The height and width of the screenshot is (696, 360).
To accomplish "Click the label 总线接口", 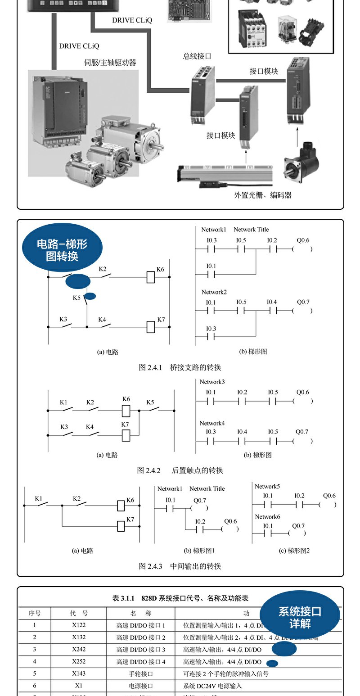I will [197, 56].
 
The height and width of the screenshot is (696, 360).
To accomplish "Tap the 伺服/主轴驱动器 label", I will [110, 63].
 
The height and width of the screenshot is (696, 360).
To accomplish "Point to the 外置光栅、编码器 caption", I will [263, 195].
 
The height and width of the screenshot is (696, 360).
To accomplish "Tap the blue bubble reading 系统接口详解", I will [300, 617].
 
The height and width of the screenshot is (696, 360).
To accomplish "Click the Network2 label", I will [214, 292].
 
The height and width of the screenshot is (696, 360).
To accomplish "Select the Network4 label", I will [212, 423].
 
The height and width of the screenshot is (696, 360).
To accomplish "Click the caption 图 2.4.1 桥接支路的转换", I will [180, 368].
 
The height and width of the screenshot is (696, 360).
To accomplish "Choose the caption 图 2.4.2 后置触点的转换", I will [180, 470].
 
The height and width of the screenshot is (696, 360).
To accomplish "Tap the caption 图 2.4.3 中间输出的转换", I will [180, 566].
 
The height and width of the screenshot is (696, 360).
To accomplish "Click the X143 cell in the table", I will [79, 674].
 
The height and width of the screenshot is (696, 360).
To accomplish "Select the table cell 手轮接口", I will [141, 674].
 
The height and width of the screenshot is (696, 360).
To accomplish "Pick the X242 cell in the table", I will [79, 650].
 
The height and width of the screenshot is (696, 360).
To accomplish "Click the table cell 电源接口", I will [141, 686].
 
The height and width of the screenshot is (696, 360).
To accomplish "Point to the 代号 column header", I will [79, 613].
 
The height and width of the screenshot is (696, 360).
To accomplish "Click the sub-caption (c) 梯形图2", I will [294, 550].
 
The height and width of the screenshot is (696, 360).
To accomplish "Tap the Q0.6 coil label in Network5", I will [329, 496].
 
